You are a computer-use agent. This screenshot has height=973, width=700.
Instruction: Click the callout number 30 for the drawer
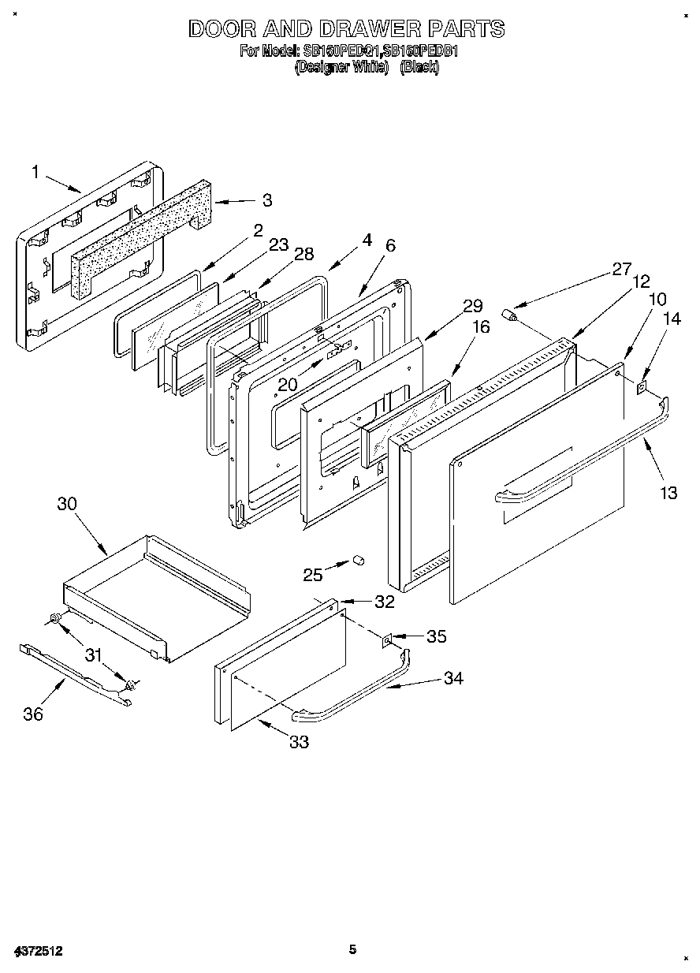(x=67, y=504)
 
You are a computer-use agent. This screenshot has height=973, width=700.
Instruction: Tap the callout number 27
(x=621, y=270)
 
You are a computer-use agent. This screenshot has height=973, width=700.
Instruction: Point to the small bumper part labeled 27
(x=513, y=317)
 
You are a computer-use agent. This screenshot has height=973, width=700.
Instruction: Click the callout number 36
(x=33, y=714)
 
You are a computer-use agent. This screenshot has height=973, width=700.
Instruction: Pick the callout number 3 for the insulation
(x=267, y=201)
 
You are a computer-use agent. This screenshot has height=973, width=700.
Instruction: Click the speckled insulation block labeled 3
(x=142, y=237)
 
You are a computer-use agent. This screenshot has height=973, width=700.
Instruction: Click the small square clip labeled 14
(x=642, y=386)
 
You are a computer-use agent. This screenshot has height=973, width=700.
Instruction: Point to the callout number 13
(x=668, y=493)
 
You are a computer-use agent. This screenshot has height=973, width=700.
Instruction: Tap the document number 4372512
(x=38, y=952)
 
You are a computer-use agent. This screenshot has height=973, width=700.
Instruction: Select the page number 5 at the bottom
(x=353, y=949)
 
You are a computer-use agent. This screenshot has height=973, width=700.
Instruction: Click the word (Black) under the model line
(x=419, y=68)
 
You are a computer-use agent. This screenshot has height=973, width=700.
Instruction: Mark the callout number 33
(x=299, y=741)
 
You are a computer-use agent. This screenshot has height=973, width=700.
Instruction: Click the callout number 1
(x=35, y=171)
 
